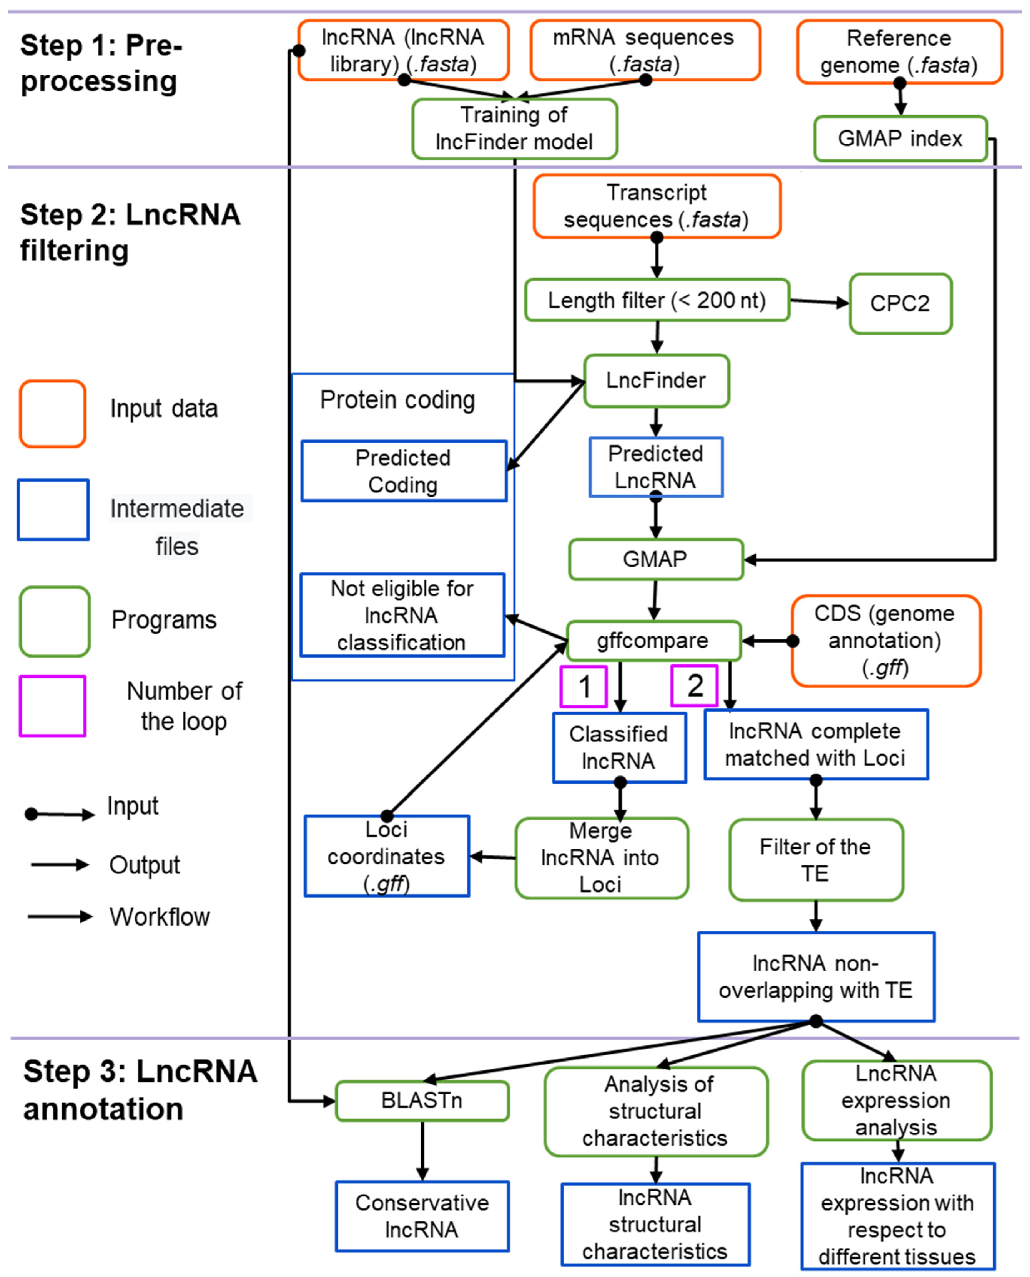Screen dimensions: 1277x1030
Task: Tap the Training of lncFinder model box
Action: click(515, 129)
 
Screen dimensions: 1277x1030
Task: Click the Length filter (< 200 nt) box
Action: click(657, 300)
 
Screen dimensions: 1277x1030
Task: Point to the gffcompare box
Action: click(653, 641)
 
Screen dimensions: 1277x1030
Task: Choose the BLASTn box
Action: click(422, 1101)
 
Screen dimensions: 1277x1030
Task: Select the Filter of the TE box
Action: click(816, 859)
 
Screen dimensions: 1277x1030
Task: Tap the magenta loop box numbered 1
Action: click(584, 686)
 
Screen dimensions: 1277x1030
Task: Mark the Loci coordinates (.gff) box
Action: click(387, 856)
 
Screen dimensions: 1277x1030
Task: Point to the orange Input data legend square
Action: click(53, 413)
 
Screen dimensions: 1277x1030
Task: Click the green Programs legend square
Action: click(55, 621)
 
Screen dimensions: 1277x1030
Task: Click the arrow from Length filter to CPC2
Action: click(819, 302)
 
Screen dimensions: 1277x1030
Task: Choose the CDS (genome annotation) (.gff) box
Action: click(885, 641)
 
